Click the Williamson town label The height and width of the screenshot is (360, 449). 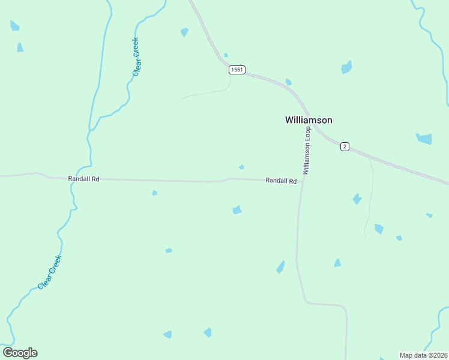[x=308, y=120]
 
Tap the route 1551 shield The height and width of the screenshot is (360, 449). [x=237, y=70]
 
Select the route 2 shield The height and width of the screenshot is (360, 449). [x=345, y=146]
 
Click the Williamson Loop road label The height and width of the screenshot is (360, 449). [x=307, y=151]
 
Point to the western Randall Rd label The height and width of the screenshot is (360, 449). [x=83, y=179]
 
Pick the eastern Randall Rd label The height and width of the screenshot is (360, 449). [x=281, y=181]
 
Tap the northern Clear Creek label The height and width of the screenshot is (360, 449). [x=136, y=57]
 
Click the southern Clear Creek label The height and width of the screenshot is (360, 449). [x=50, y=272]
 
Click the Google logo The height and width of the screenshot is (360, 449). [x=20, y=353]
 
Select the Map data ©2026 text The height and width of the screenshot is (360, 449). [x=424, y=355]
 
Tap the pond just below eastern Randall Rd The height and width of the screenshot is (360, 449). [x=237, y=209]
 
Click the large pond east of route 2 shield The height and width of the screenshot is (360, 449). [x=424, y=139]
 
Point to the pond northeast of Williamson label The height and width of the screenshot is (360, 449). [x=346, y=67]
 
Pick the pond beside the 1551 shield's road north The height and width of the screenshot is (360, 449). [x=226, y=55]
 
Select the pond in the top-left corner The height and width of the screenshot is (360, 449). [x=14, y=25]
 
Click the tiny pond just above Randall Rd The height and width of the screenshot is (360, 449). [x=241, y=167]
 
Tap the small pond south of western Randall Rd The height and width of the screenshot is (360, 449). [x=154, y=193]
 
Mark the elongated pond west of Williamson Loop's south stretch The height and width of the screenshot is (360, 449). [x=280, y=267]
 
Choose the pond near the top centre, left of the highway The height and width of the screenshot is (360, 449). [x=184, y=32]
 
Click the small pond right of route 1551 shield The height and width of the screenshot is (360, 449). [x=289, y=82]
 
